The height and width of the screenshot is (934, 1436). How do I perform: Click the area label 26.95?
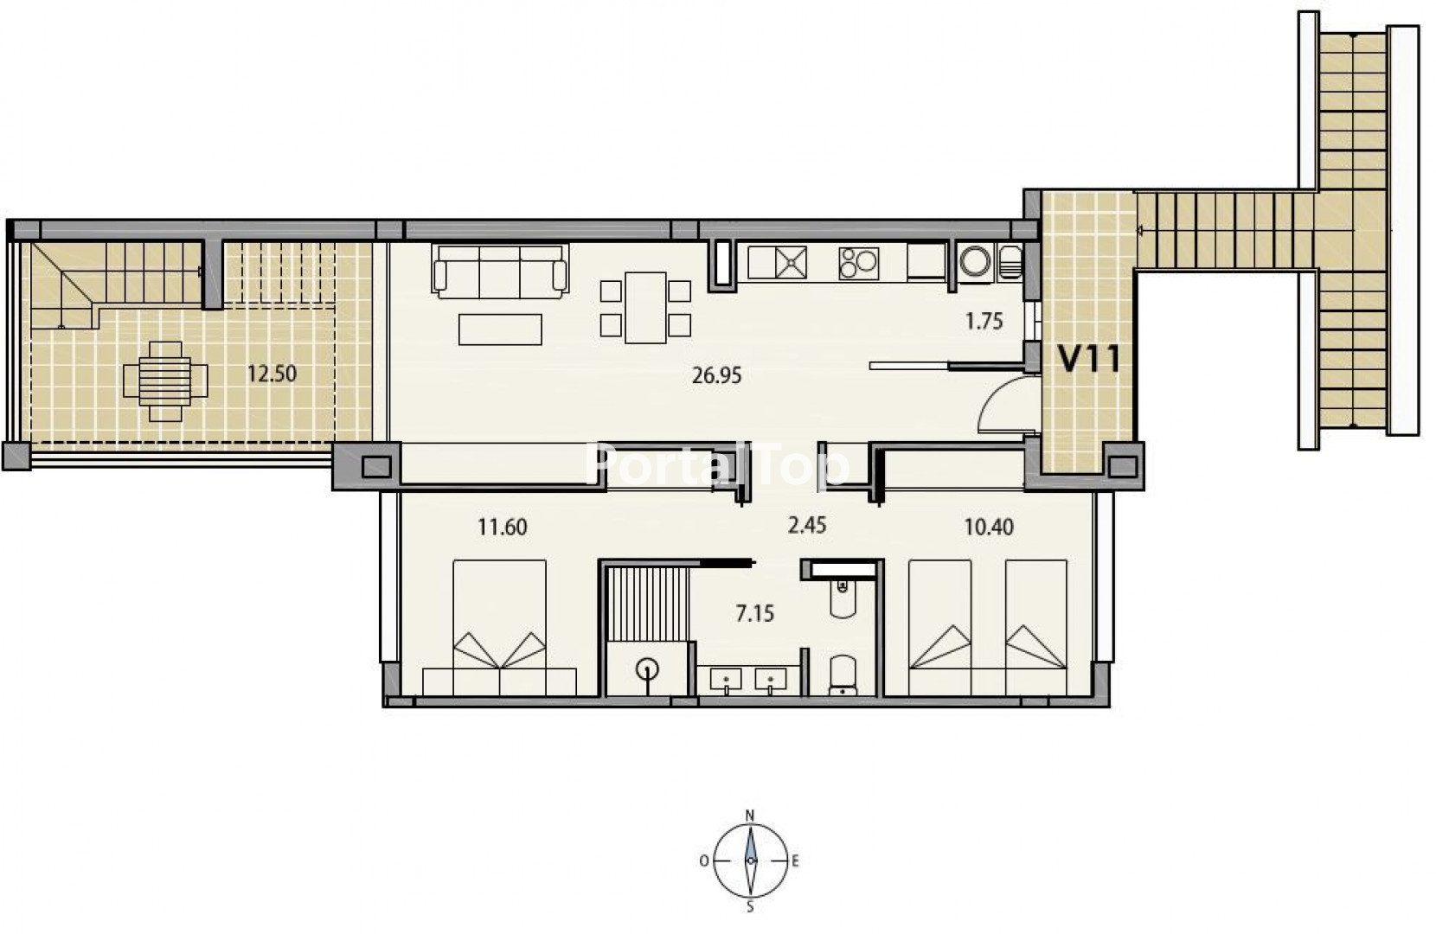click(x=717, y=375)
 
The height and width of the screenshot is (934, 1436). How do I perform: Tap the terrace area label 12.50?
click(x=272, y=374)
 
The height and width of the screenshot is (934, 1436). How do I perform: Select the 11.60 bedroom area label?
click(x=503, y=527)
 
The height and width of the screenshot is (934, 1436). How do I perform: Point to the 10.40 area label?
click(x=989, y=527)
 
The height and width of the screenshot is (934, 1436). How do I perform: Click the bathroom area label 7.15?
click(x=755, y=613)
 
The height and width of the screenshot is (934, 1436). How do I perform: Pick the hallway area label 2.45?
click(x=807, y=526)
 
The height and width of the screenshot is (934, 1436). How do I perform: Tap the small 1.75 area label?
click(x=984, y=321)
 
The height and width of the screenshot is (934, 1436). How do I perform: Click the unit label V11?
click(x=1089, y=359)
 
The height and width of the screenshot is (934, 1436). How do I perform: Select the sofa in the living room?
click(x=500, y=272)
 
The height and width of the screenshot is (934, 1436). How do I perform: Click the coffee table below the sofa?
click(x=500, y=329)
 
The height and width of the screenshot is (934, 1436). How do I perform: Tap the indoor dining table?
click(x=645, y=308)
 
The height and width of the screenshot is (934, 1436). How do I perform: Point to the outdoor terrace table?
click(x=165, y=381)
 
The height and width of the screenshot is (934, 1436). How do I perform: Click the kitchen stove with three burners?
click(x=858, y=264)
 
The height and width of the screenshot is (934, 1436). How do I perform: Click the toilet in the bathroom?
click(x=843, y=675)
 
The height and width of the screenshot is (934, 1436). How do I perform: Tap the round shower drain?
click(x=647, y=670)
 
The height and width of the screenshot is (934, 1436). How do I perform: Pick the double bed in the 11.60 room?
click(x=499, y=628)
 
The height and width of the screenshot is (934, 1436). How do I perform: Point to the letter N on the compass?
click(x=749, y=816)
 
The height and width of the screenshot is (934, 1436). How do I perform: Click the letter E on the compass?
click(x=795, y=861)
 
